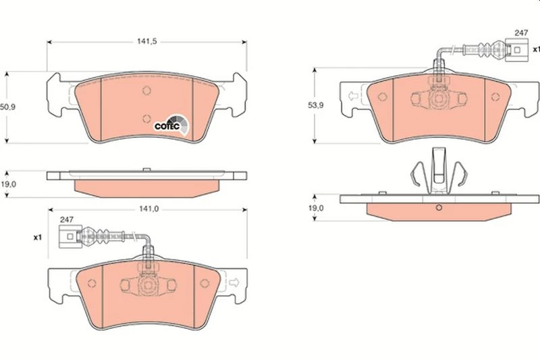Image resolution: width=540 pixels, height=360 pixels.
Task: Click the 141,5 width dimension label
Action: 147,42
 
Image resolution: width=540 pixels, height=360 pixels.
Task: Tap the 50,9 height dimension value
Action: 7,107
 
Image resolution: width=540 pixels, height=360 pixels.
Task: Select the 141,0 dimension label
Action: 148,209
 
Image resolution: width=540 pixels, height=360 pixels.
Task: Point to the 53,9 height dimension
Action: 315,105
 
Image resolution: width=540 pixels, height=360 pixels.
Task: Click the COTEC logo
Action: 171,125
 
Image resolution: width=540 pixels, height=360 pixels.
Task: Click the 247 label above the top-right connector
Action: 521,33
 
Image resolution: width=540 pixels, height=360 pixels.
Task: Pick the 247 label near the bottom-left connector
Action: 67,220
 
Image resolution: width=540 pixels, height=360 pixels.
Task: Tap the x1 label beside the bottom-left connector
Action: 38,237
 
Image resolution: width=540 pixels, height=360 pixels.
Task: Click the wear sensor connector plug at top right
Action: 517,50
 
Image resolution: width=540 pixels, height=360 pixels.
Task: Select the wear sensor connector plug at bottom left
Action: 70,236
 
